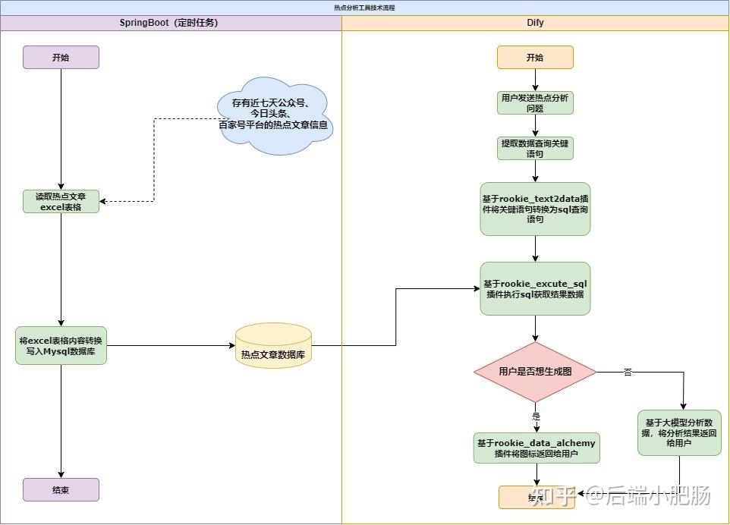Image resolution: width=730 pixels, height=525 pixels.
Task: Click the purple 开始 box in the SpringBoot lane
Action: pyautogui.click(x=61, y=57)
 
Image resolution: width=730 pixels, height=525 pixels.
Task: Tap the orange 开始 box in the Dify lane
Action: pyautogui.click(x=535, y=57)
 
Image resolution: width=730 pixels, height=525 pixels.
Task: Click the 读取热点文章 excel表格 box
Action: pyautogui.click(x=61, y=201)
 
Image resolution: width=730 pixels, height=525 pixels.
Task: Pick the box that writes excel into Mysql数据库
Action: pyautogui.click(x=61, y=345)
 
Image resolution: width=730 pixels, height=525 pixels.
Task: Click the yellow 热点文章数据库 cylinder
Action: pyautogui.click(x=273, y=347)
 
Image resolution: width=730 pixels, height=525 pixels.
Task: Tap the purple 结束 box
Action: pyautogui.click(x=61, y=489)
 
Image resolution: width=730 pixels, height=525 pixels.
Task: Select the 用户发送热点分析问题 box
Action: pyautogui.click(x=535, y=102)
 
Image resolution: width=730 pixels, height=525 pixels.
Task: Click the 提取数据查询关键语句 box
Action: pyautogui.click(x=535, y=148)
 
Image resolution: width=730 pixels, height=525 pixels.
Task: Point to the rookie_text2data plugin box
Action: pyautogui.click(x=535, y=209)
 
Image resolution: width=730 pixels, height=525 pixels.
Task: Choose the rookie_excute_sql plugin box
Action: pyautogui.click(x=535, y=288)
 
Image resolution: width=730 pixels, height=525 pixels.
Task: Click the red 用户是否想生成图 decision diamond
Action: pyautogui.click(x=535, y=372)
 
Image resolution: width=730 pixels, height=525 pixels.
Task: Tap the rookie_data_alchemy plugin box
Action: pyautogui.click(x=536, y=448)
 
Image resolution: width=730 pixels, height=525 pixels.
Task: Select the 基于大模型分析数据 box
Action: pyautogui.click(x=679, y=432)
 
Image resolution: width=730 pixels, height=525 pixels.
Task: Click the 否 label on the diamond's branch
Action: pyautogui.click(x=628, y=372)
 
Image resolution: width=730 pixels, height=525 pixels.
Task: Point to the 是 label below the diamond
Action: pyautogui.click(x=536, y=416)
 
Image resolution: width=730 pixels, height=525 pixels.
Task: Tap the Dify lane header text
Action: pyautogui.click(x=535, y=23)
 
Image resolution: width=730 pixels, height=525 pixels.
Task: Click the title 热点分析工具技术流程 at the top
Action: pyautogui.click(x=364, y=8)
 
